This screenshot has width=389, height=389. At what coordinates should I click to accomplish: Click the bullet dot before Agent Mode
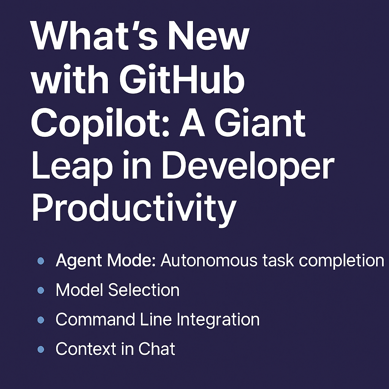click(41, 261)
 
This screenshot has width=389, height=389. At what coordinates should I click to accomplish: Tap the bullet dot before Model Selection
click(41, 291)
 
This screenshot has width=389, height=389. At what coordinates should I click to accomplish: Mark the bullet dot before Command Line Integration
click(41, 320)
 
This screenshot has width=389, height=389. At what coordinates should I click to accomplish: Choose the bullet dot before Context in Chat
click(41, 349)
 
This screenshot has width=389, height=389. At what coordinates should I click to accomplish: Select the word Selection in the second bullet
click(144, 290)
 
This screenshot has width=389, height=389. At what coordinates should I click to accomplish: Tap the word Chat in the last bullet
click(157, 349)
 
